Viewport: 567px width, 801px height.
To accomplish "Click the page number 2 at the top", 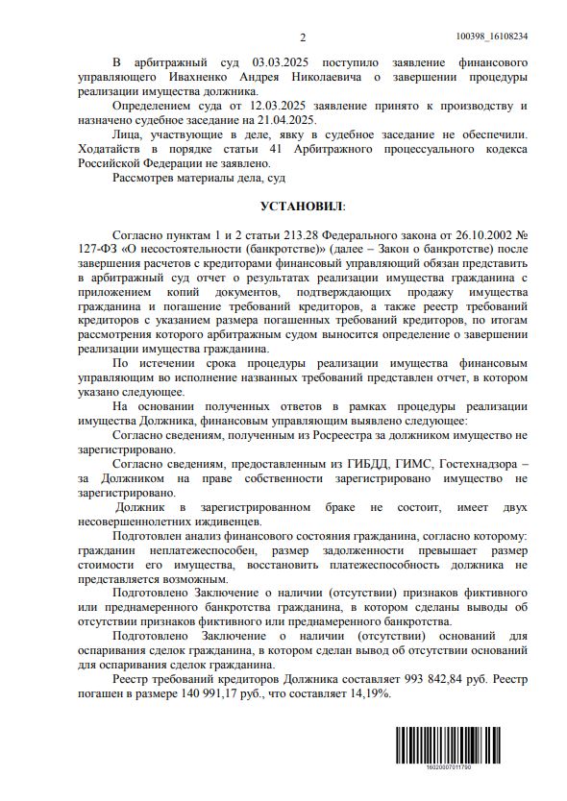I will pyautogui.click(x=302, y=37).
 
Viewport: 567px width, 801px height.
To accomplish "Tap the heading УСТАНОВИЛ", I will pyautogui.click(x=301, y=206).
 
